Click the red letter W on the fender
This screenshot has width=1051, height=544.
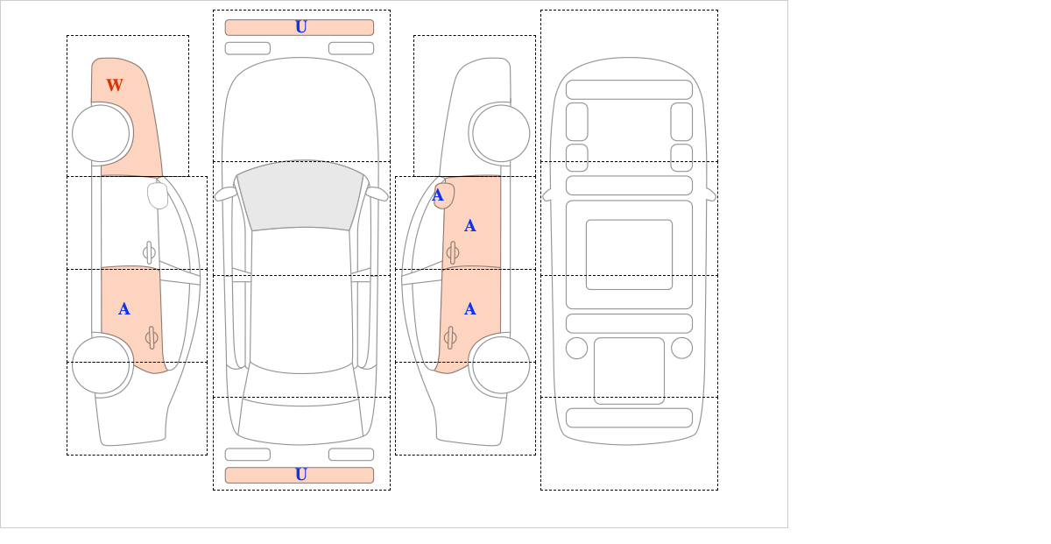click(x=115, y=85)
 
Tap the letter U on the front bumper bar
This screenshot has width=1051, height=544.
click(x=301, y=27)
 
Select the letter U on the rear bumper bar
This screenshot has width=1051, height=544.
click(x=301, y=475)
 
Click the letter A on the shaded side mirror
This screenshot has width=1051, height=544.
click(x=438, y=195)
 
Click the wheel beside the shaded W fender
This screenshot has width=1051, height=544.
click(x=101, y=133)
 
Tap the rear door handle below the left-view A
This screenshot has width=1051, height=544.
click(x=151, y=337)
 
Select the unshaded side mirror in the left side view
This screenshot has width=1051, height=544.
click(x=158, y=195)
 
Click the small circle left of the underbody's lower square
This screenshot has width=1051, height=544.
click(x=576, y=349)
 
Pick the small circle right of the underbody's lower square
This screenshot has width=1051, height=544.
click(x=681, y=349)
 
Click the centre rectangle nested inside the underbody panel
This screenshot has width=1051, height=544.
click(x=629, y=254)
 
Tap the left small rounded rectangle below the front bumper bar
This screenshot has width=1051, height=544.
click(x=248, y=48)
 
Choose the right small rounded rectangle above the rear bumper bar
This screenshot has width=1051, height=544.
click(x=351, y=455)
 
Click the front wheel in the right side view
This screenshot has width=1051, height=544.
click(x=501, y=133)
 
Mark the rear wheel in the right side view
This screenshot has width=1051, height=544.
click(x=501, y=364)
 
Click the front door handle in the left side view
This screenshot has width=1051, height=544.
click(x=149, y=252)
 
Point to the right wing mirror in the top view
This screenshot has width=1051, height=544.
click(x=377, y=194)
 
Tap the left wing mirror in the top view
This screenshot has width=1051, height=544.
click(x=226, y=194)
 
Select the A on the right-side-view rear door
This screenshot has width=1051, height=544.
click(x=470, y=309)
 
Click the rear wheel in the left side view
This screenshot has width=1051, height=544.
click(x=101, y=364)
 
